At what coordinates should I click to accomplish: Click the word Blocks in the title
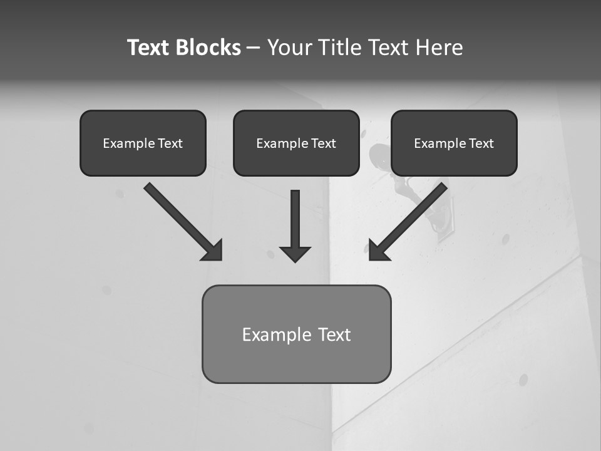point(210,48)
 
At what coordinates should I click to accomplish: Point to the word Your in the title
point(290,48)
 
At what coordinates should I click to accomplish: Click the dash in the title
point(254,48)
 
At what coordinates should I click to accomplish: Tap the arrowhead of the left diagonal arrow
point(213,251)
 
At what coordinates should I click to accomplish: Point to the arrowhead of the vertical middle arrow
point(295,254)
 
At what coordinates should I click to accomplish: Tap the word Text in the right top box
point(481,143)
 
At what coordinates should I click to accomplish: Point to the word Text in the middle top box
point(323,143)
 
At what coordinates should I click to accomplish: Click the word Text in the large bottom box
point(334,334)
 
